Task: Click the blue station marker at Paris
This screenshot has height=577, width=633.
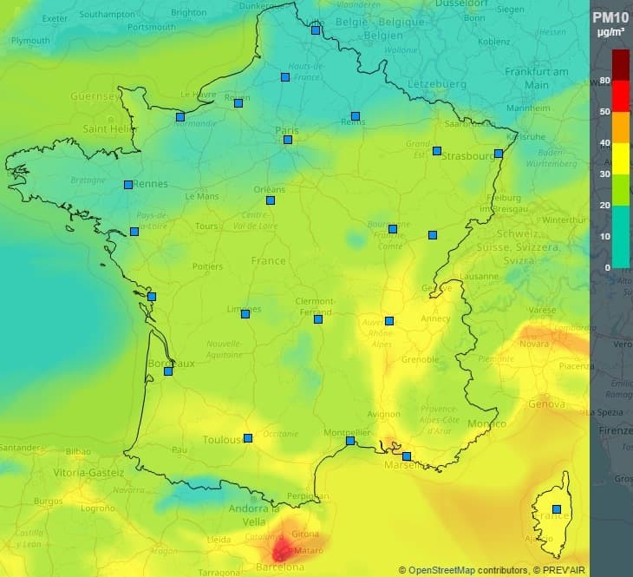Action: coord(288,140)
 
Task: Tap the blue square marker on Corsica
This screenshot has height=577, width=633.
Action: coord(557,509)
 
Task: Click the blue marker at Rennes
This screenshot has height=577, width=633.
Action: coord(128,184)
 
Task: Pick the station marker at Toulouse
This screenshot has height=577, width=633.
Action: coord(248,438)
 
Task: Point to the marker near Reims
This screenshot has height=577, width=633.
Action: coord(356,116)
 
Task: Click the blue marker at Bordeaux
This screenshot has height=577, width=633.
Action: coord(168,371)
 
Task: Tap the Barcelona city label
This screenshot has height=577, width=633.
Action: coord(280,567)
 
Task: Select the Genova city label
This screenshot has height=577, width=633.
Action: coord(546,403)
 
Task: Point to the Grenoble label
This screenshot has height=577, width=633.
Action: coord(421,359)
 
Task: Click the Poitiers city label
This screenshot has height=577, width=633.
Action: coord(207,266)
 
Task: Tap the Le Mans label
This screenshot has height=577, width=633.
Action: coord(202,196)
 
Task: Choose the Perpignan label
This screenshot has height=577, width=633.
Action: coord(310,496)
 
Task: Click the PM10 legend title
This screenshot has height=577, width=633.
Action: coord(610,17)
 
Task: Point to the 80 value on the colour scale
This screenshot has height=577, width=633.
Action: coord(604,81)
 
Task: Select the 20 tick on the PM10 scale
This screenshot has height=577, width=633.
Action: coord(604,205)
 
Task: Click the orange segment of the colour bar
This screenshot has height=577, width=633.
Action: coord(621,128)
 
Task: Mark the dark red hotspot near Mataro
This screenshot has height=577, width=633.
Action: coord(283,548)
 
